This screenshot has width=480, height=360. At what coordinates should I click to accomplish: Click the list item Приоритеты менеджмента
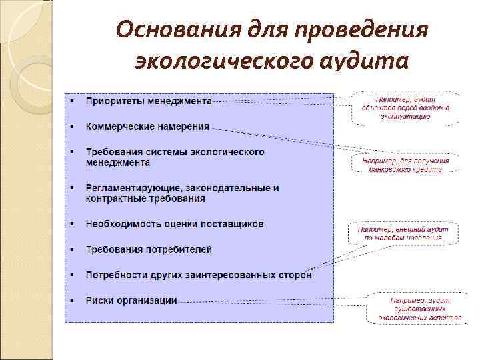[x=149, y=101]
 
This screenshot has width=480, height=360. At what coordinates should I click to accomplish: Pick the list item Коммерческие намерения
[x=147, y=126]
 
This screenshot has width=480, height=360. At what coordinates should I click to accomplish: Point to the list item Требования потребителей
[x=149, y=249]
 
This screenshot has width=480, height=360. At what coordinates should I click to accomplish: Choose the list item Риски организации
[x=131, y=300]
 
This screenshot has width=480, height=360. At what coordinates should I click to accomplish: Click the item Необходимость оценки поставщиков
[x=175, y=224]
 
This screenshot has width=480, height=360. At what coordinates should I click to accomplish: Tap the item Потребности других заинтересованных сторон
[x=199, y=275]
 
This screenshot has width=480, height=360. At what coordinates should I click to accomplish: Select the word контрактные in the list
[x=113, y=199]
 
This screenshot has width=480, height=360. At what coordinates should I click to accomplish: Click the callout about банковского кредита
[x=405, y=165]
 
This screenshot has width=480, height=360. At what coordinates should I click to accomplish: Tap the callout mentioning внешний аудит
[x=403, y=233]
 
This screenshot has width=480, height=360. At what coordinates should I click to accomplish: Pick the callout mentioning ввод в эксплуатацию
[x=405, y=107]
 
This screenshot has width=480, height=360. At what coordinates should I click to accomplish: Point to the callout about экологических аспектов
[x=419, y=309]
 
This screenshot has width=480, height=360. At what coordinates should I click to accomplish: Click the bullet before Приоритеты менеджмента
[x=73, y=101]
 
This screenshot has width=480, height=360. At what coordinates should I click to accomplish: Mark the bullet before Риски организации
[x=73, y=301]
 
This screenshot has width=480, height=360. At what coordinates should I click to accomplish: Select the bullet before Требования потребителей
[x=73, y=250]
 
